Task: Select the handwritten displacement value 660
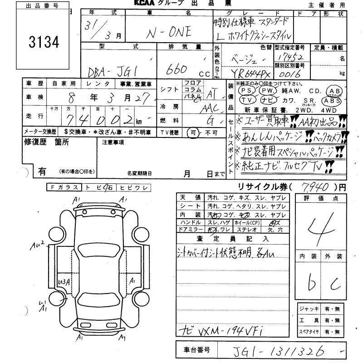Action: (x=177, y=69)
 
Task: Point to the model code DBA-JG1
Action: (x=109, y=70)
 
